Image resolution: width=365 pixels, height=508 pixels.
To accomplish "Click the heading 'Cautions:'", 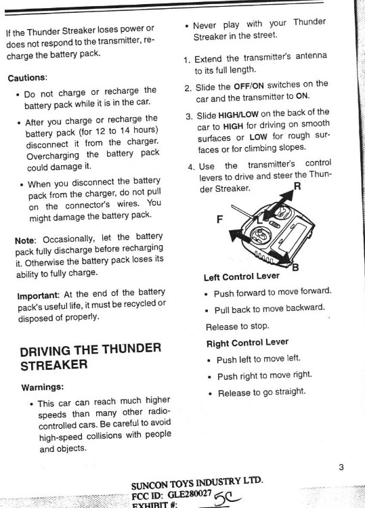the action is (x=28, y=78).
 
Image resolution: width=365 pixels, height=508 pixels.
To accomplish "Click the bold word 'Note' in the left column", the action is (x=24, y=240).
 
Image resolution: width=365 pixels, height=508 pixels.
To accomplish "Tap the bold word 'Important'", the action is (x=38, y=296).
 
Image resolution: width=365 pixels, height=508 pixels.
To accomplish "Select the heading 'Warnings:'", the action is (x=43, y=387).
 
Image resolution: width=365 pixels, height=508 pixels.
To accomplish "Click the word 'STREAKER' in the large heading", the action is (x=53, y=365).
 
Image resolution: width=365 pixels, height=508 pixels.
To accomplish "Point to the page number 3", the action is (x=341, y=467).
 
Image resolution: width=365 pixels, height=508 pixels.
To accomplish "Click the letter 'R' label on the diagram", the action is (x=297, y=186).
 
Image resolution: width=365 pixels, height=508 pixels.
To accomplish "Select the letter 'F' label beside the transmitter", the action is (x=219, y=219).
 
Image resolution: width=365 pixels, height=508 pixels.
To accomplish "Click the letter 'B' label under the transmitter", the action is (x=295, y=268).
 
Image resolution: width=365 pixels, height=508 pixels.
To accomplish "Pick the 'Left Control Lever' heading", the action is (x=242, y=277).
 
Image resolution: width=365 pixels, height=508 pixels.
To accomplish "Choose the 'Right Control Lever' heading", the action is (x=247, y=343).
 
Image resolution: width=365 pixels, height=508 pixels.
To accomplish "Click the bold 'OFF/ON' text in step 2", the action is (x=249, y=86).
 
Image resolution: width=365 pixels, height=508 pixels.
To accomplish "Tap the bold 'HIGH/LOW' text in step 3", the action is (x=238, y=114).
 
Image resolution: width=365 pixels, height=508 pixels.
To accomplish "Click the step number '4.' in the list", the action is (x=192, y=167).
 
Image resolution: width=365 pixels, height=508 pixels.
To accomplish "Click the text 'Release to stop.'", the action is (x=238, y=326).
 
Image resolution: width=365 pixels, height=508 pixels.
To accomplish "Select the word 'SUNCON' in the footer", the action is (x=150, y=486).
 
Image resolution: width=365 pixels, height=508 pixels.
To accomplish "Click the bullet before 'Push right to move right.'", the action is (x=210, y=377).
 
